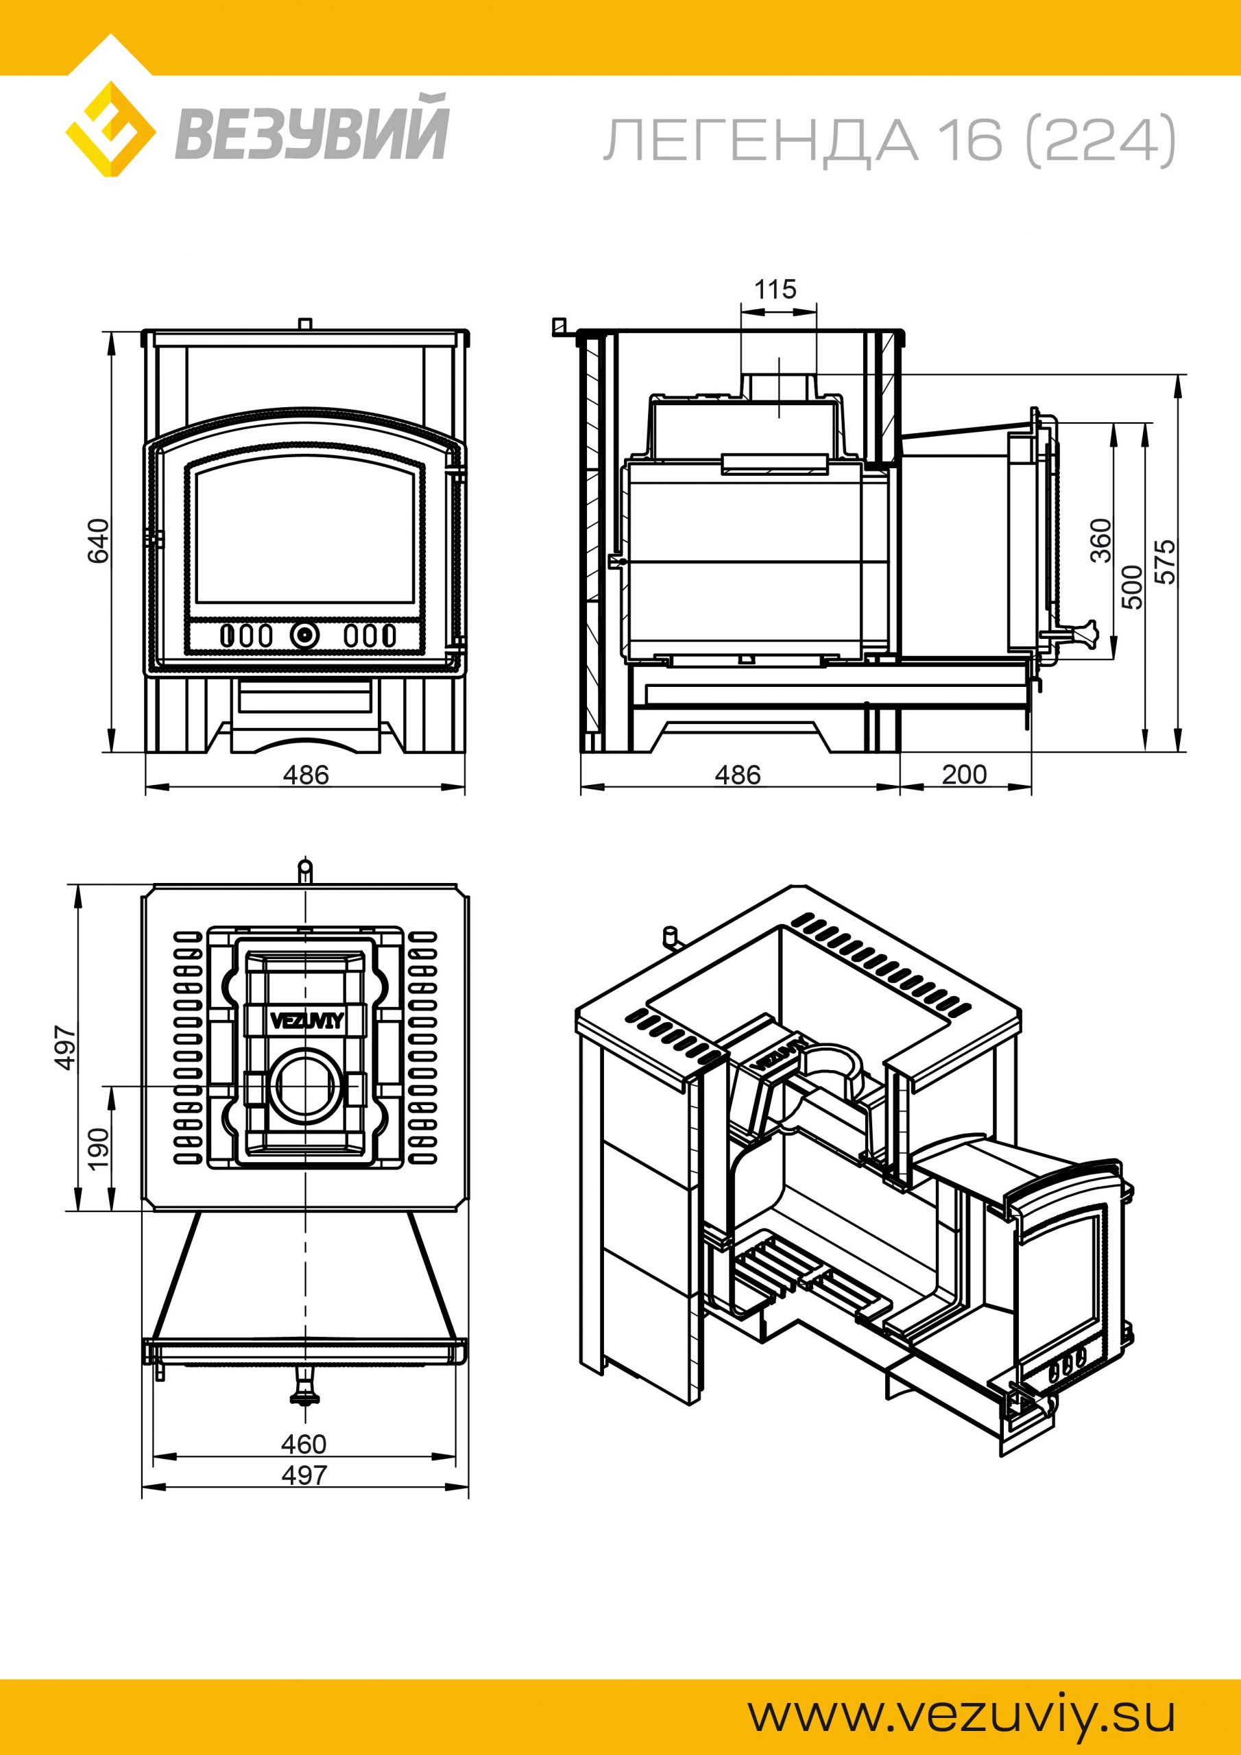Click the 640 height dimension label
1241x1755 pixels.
(x=99, y=541)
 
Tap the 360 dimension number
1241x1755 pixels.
(x=1102, y=540)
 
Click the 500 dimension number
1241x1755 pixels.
(x=1135, y=587)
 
